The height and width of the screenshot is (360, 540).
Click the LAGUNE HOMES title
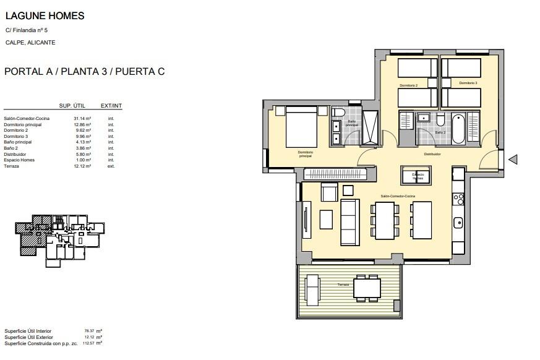click(44, 16)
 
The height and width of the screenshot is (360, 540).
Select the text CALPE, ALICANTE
click(30, 43)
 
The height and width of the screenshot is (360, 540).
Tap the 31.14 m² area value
click(82, 118)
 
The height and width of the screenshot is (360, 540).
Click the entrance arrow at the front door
click(512, 160)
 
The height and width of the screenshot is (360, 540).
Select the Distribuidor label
click(432, 154)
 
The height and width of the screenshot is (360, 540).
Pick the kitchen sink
click(458, 223)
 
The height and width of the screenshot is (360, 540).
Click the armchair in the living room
click(329, 193)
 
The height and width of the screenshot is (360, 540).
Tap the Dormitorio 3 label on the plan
click(468, 83)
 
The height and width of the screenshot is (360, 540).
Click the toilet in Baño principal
click(338, 113)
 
